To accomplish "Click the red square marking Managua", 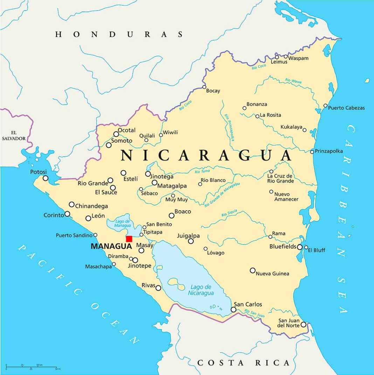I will tap(129, 239).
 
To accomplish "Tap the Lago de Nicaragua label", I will tap(201, 290).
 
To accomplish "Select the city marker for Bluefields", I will tap(300, 247).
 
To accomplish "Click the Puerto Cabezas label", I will tap(346, 108).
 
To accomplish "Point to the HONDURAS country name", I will tap(119, 34).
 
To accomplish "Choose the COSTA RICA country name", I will tap(244, 363).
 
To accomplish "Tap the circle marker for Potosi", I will tap(46, 178).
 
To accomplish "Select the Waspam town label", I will tap(298, 58).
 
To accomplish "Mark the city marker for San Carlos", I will tap(234, 310).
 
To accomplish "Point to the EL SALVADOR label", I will tap(14, 136).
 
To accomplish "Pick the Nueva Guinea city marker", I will tap(252, 270).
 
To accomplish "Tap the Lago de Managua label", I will tap(122, 224).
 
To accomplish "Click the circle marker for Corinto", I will tap(67, 214).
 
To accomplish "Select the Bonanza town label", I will tap(257, 104).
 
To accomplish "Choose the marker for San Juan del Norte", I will tap(304, 325).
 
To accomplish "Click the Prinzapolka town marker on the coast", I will tap(312, 151).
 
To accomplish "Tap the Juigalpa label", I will tap(188, 235).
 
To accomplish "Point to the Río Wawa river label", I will tap(293, 81).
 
